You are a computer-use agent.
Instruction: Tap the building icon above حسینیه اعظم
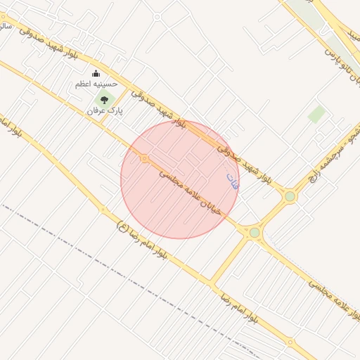tap(96, 74)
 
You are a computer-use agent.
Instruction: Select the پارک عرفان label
tap(105, 111)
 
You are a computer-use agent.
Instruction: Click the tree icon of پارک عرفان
tap(105, 100)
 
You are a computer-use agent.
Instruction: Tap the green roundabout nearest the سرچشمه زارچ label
tap(290, 196)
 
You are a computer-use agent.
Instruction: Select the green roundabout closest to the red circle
tap(254, 232)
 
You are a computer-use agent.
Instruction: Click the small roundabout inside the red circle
tap(144, 159)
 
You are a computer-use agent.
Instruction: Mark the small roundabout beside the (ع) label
tap(103, 210)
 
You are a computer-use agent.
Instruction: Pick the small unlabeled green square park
tap(317, 114)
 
